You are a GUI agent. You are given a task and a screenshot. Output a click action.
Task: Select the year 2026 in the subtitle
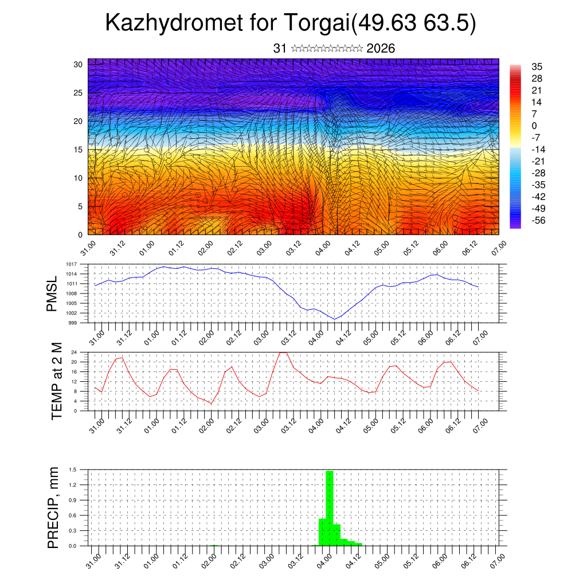[381, 49]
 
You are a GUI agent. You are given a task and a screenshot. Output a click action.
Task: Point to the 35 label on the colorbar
[537, 66]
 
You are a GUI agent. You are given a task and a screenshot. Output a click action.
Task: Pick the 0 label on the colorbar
[534, 126]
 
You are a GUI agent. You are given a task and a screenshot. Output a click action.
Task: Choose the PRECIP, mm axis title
[53, 508]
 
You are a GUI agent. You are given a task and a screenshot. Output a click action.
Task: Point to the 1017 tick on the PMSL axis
[71, 264]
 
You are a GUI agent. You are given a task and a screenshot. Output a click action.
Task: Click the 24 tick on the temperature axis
[74, 352]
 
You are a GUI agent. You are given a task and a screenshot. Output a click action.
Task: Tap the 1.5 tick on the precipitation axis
[73, 469]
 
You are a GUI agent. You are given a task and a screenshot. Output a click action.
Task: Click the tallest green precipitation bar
[330, 507]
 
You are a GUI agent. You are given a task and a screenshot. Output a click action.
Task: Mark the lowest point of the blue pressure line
[335, 319]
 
